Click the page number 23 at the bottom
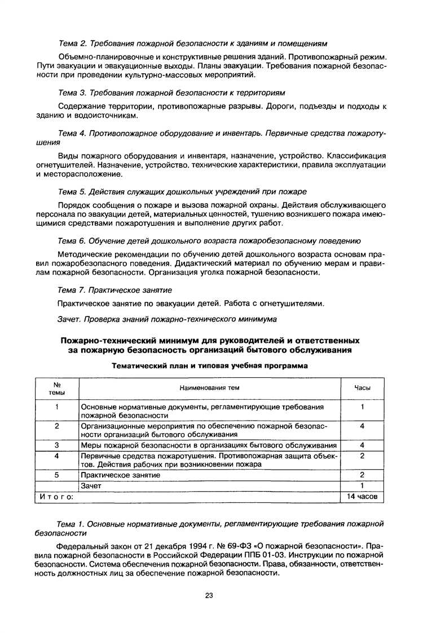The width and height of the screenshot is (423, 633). [x=209, y=595]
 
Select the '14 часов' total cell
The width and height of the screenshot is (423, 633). [x=362, y=497]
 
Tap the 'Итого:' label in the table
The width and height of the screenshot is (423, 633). [x=56, y=497]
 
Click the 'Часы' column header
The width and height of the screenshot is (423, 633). [x=362, y=387]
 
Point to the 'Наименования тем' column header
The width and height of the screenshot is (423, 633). [x=209, y=387]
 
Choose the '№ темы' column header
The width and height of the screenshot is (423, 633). [x=57, y=387]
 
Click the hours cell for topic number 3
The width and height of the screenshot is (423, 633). [x=362, y=445]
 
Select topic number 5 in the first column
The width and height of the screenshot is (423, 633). [x=57, y=475]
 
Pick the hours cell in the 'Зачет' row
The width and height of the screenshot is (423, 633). [x=362, y=486]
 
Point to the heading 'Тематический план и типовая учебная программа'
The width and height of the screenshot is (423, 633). [x=209, y=365]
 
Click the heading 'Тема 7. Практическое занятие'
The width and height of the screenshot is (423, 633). [x=115, y=289]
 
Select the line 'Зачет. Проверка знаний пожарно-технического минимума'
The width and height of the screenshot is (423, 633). [x=167, y=319]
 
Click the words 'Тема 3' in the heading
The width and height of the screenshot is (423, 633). [x=71, y=92]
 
